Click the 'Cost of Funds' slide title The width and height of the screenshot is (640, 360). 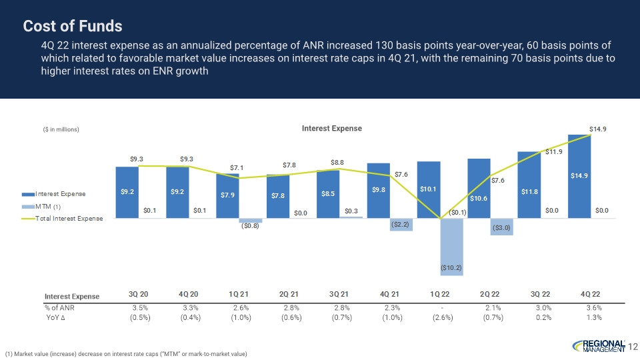73,26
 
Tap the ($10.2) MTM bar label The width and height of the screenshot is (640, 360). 451,267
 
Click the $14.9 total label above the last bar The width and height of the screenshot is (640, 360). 597,129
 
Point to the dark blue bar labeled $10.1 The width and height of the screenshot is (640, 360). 429,189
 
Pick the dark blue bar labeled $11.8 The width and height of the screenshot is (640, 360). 529,184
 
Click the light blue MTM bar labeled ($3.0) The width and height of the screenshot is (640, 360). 502,227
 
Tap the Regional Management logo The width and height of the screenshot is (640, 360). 599,345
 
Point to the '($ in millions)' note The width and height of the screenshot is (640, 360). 61,129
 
